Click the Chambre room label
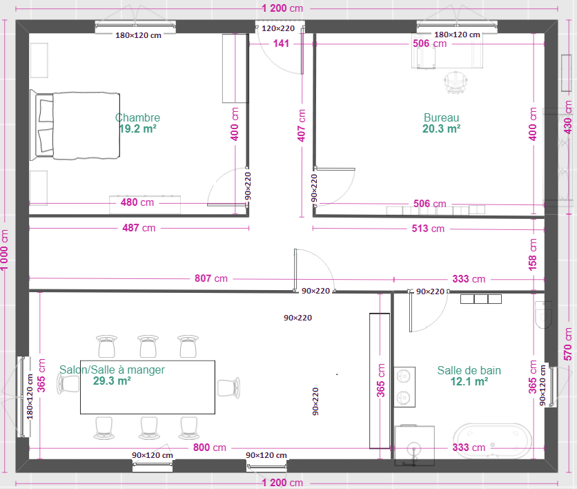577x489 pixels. pyautogui.click(x=137, y=117)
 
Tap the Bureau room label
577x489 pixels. pyautogui.click(x=441, y=117)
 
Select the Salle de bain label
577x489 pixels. pyautogui.click(x=469, y=370)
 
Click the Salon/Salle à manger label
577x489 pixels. pyautogui.click(x=112, y=370)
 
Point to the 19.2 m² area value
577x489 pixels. pyautogui.click(x=137, y=129)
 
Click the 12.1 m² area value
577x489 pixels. pyautogui.click(x=469, y=381)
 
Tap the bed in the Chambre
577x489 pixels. pyautogui.click(x=75, y=126)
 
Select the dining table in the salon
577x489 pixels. pyautogui.click(x=148, y=387)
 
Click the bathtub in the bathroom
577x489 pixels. pyautogui.click(x=492, y=441)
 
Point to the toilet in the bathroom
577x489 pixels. pyautogui.click(x=543, y=314)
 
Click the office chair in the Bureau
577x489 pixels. pyautogui.click(x=456, y=82)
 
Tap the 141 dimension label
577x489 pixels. pyautogui.click(x=281, y=44)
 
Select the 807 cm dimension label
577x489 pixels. pyautogui.click(x=211, y=278)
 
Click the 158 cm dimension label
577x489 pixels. pyautogui.click(x=532, y=254)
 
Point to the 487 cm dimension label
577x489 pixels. pyautogui.click(x=139, y=228)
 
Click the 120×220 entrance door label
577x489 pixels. pyautogui.click(x=278, y=28)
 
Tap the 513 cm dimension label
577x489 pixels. pyautogui.click(x=428, y=229)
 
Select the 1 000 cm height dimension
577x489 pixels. pyautogui.click(x=4, y=250)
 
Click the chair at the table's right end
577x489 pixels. pyautogui.click(x=228, y=387)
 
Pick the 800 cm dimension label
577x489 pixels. pyautogui.click(x=209, y=448)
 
